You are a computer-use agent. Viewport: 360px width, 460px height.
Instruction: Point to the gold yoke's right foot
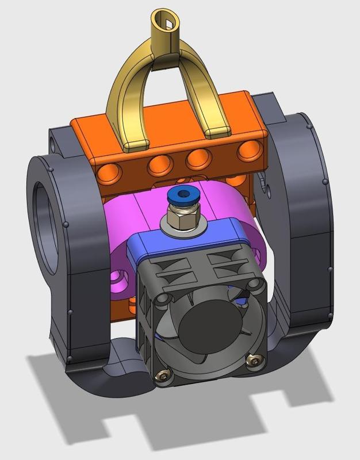(217, 131)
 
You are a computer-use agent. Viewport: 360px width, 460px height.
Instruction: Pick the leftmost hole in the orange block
(109, 171)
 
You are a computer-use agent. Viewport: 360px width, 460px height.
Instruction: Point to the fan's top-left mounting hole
(162, 298)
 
